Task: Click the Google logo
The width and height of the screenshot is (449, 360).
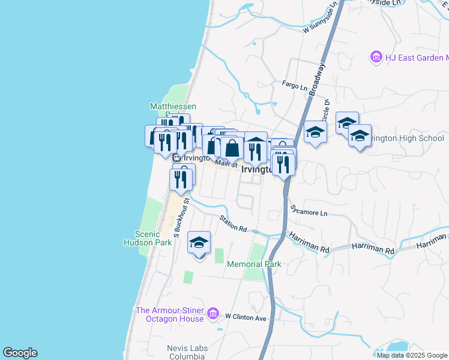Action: point(20,353)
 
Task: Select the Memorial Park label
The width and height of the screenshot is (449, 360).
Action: point(254,264)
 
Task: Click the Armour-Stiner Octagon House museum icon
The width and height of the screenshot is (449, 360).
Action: point(212,313)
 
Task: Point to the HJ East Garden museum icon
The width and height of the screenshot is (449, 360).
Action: point(376,58)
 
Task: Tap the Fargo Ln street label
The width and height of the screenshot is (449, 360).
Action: point(295,85)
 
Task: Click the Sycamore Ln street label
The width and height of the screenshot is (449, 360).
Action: point(309,212)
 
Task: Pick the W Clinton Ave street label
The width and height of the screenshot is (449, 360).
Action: point(246,317)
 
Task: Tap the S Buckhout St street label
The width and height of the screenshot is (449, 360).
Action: point(178,217)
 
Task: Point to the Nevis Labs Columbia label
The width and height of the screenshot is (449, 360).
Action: point(187,353)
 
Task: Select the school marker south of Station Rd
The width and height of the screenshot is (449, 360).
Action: point(199,243)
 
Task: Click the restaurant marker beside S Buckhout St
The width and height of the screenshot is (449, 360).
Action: point(181,179)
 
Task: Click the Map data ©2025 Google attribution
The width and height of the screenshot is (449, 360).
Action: point(412,355)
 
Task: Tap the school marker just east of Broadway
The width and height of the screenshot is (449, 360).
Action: point(315,132)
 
